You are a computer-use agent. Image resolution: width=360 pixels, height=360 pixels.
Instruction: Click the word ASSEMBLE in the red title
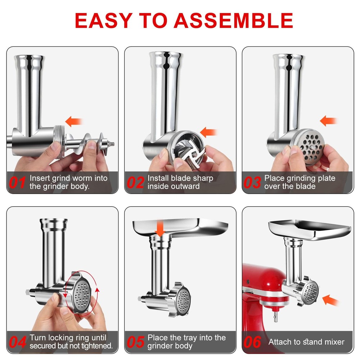pos(233,21)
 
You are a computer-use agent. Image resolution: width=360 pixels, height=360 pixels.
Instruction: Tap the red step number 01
pos(17,183)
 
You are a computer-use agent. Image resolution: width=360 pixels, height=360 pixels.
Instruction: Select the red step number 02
pos(135,183)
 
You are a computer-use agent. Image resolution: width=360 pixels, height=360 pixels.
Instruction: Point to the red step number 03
pos(252,183)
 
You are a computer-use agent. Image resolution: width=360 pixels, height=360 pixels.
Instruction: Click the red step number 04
pos(18,342)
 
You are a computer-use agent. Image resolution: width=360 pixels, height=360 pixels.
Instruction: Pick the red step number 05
pos(135,342)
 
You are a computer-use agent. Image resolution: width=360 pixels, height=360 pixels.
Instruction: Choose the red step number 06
pos(252,342)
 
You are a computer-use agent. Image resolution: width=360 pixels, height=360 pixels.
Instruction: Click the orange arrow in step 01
pos(73,121)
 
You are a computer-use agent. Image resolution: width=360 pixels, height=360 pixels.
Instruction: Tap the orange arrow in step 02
pos(208,132)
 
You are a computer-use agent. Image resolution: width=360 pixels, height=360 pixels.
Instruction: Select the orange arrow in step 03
pos(328,121)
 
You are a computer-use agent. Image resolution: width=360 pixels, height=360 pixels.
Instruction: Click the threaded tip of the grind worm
pos(112,144)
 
